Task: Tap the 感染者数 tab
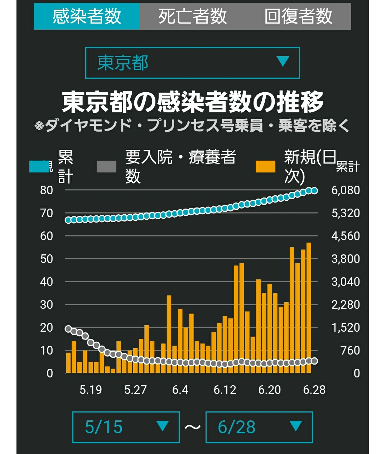coord(87,16)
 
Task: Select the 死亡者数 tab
coord(193,16)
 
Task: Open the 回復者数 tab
coord(298,16)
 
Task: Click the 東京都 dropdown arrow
coord(283,61)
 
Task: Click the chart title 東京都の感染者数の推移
coord(193,102)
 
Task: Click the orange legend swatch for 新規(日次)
coord(265,166)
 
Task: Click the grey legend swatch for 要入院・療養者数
coord(106,166)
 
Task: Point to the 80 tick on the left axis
coord(47,190)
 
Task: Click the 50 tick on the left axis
coord(47,259)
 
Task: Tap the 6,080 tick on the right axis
coord(346,190)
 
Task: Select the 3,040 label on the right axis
coord(346,282)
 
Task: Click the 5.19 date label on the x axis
coord(91,390)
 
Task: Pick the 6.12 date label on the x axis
coord(225,390)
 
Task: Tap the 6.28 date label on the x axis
coord(314,390)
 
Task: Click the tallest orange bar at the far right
coord(309,308)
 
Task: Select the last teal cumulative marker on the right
coord(314,191)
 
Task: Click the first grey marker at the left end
coord(68,329)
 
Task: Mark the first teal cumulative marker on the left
coord(68,220)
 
